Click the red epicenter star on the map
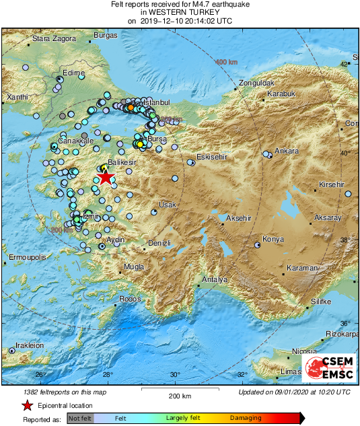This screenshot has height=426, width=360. pos(106,178)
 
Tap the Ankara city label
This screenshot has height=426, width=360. pos(287,151)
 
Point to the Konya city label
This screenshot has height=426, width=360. pos(273,240)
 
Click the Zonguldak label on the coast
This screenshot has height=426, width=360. pos(254,83)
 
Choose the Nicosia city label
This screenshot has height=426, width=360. pos(304,351)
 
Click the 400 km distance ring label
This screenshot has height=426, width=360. pos(226,62)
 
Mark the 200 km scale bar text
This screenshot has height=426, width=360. pos(180,396)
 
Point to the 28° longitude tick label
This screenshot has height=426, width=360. pos(107,375)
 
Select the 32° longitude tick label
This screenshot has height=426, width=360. pos(242,375)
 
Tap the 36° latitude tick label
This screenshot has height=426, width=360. pos(345,322)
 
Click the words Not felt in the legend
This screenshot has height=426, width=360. pos(80,418)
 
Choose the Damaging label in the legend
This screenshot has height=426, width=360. pos(246,418)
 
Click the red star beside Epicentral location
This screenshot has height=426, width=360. pos(27,405)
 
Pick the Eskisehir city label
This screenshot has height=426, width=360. pos(213,157)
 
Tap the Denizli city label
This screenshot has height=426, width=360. pos(159,242)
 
